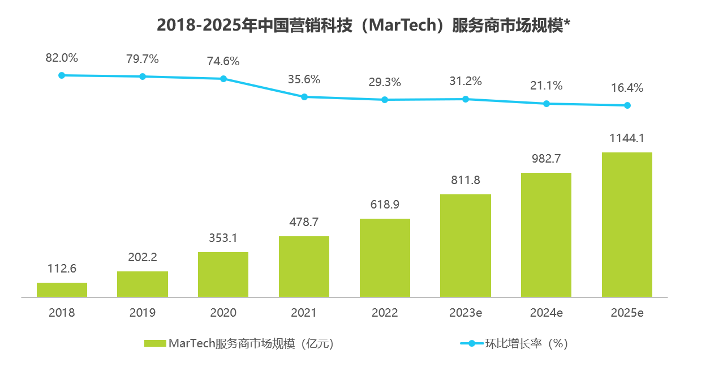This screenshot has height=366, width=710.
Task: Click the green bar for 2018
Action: (62, 290)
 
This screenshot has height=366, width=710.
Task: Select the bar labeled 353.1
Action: (223, 274)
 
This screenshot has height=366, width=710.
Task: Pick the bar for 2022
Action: (385, 258)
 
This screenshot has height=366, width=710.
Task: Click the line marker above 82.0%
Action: (62, 75)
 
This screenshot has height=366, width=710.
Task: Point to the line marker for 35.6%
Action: (304, 97)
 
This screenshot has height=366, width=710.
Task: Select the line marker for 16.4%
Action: (627, 105)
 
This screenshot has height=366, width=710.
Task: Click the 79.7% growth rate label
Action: (143, 59)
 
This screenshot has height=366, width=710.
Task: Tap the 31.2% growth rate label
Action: (466, 81)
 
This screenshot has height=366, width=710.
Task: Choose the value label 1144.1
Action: (627, 138)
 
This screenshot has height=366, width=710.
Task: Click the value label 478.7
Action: (304, 222)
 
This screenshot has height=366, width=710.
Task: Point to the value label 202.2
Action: (143, 257)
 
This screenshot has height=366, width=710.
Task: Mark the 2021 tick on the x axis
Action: (304, 313)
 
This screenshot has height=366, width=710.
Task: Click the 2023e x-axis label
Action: (466, 313)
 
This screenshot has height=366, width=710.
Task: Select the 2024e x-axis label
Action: (547, 313)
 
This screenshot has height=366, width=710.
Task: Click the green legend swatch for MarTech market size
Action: (155, 343)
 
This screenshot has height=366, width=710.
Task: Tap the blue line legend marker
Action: (471, 343)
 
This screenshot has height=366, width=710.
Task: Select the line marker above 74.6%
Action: (223, 79)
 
